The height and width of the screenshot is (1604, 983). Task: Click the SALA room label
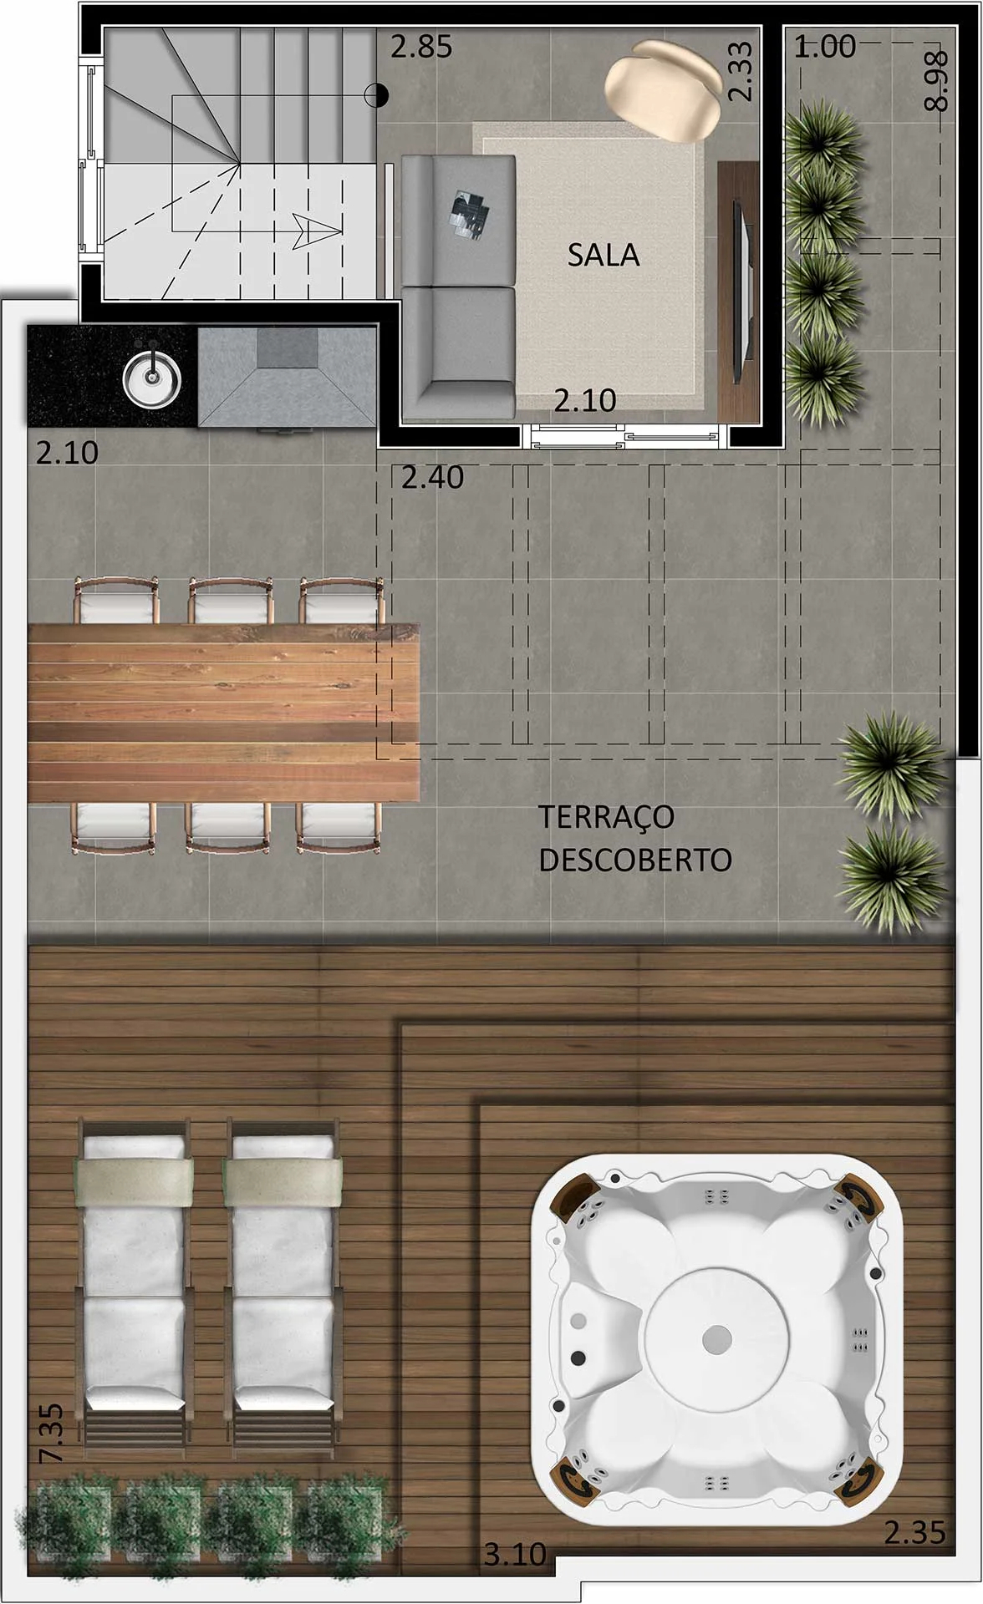tap(603, 255)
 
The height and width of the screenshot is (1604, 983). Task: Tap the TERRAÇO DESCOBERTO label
tap(634, 838)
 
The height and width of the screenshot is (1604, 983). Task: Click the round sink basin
tap(151, 377)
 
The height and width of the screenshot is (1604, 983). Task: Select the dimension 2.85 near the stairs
tap(421, 47)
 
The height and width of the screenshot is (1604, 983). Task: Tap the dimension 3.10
tap(514, 1554)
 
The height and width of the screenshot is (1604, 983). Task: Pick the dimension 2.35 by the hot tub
tap(914, 1532)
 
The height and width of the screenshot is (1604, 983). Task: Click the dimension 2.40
tap(432, 477)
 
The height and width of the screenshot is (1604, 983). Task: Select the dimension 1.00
tap(824, 47)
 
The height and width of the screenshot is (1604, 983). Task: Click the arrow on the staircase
tap(314, 231)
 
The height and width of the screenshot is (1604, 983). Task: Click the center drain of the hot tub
tap(716, 1338)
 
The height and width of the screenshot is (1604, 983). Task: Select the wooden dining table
tap(223, 712)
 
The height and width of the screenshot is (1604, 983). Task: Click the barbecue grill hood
tap(287, 375)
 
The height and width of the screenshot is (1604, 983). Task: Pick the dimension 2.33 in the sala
tap(740, 72)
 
